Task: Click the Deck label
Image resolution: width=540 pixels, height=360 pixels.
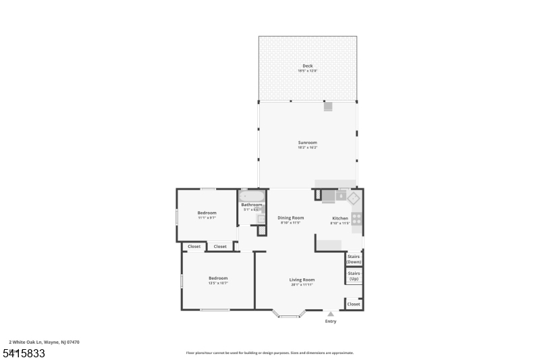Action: [x=308, y=66]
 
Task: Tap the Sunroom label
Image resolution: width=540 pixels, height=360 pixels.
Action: [x=308, y=143]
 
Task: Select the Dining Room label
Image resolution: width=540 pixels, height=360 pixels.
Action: [x=291, y=217]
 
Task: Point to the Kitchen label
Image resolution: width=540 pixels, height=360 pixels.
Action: [x=340, y=218]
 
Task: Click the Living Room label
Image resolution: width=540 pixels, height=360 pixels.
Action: [x=302, y=280]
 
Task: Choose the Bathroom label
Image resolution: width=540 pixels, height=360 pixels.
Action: [x=252, y=205]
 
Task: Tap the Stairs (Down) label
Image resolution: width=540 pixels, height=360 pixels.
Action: [x=354, y=259]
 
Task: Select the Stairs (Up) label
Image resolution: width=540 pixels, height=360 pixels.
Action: [x=354, y=276]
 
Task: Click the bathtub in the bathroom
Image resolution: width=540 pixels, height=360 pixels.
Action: [x=252, y=196]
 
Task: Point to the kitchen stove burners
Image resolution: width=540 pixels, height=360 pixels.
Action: [x=356, y=219]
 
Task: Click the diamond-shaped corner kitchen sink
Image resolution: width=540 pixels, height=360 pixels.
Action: [x=352, y=197]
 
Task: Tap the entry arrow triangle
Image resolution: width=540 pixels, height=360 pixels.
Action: [x=330, y=314]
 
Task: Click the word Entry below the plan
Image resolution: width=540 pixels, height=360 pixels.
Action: [x=330, y=322]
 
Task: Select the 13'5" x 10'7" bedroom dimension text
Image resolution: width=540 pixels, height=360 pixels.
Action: [x=218, y=283]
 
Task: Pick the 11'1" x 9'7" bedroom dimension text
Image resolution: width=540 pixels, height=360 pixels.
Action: [x=207, y=217]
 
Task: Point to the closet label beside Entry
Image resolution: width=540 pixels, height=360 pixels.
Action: [x=354, y=304]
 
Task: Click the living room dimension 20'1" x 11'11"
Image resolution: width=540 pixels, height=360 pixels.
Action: [x=302, y=284]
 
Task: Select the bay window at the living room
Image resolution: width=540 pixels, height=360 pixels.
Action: [x=289, y=314]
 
